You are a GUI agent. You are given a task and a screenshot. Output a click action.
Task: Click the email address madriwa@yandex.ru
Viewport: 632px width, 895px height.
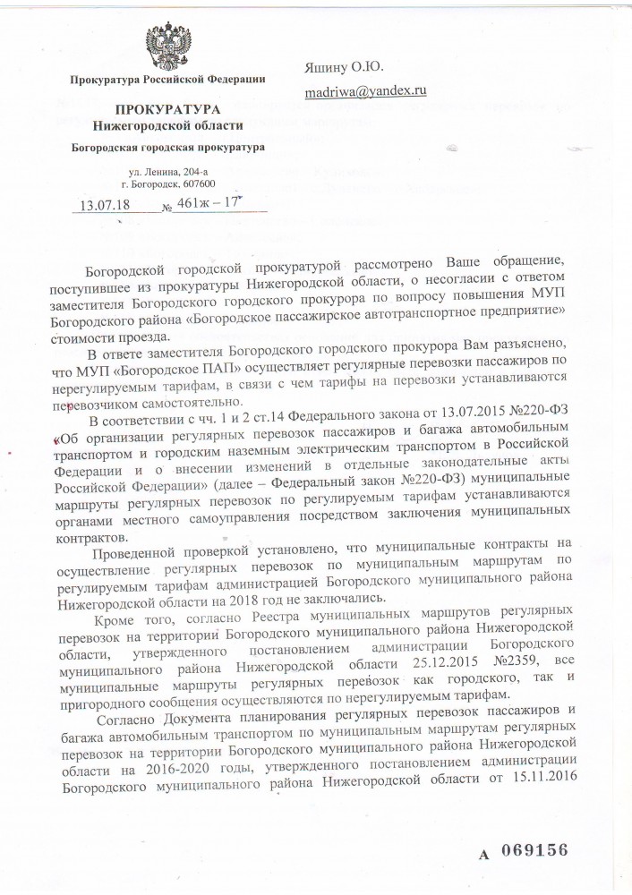[x=365, y=90]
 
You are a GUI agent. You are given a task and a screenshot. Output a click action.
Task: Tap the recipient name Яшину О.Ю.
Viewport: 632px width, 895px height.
[x=341, y=65]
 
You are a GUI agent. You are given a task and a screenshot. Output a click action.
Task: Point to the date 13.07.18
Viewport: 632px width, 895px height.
[x=105, y=205]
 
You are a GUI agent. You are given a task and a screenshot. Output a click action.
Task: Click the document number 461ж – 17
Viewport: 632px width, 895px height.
[x=209, y=203]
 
